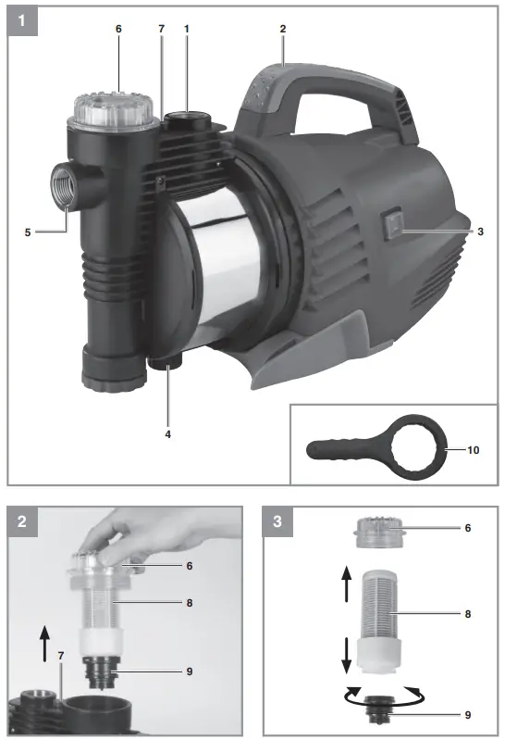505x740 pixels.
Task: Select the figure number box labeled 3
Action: [278, 523]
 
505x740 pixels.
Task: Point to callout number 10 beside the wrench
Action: [474, 451]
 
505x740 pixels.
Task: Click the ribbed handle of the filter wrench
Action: [339, 452]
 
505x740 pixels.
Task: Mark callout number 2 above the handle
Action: [283, 29]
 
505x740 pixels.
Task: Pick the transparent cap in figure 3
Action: [382, 536]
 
